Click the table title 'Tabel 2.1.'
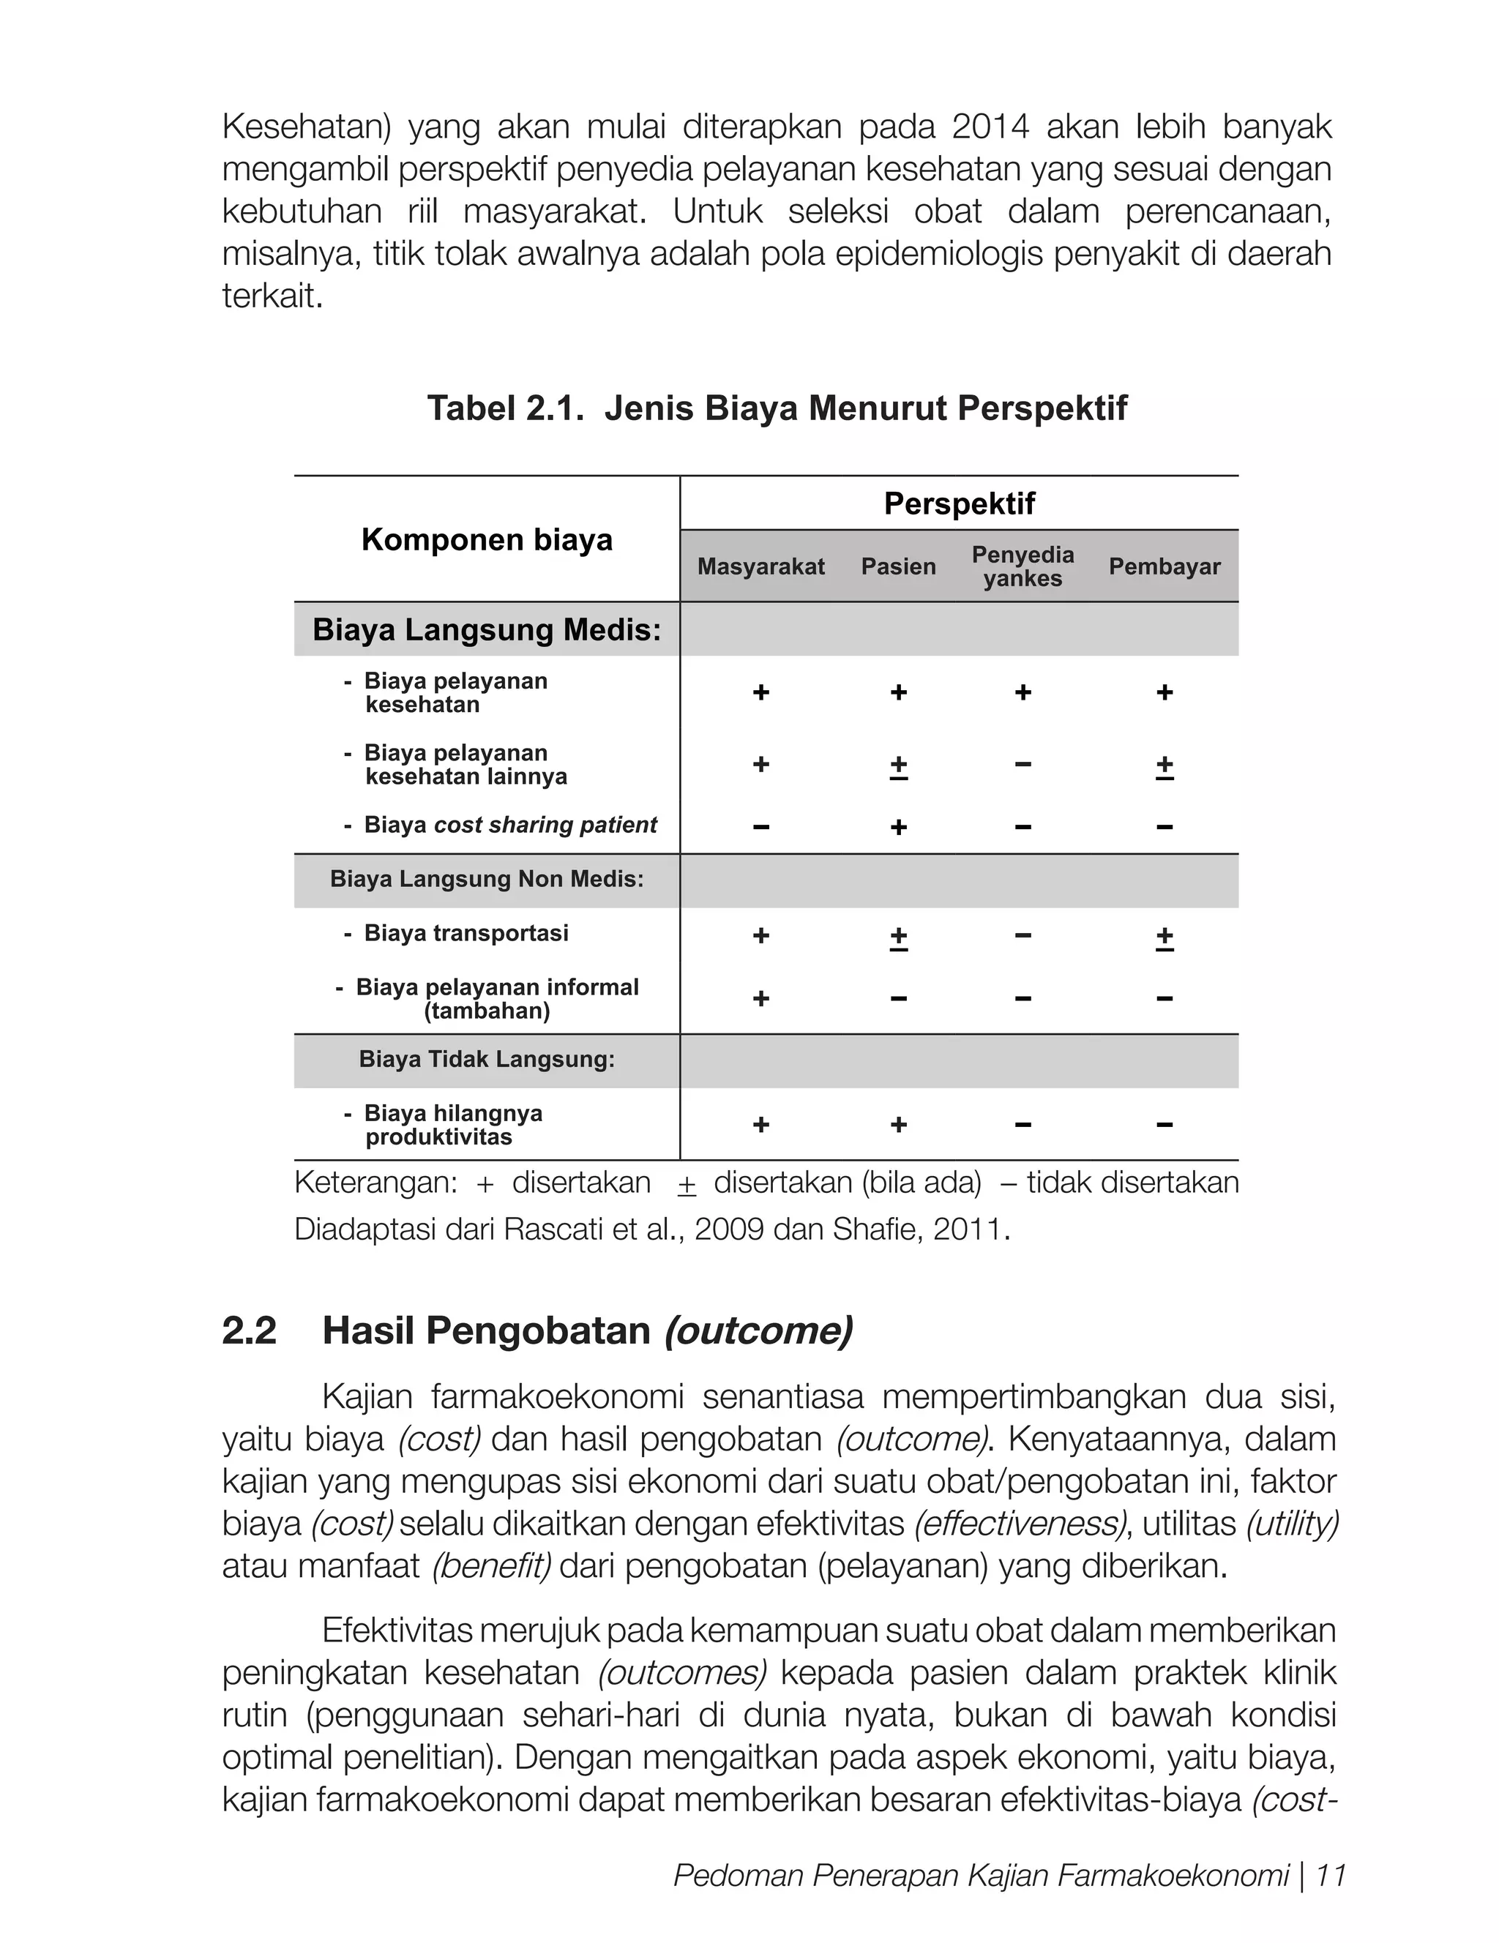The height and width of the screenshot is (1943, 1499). [x=505, y=409]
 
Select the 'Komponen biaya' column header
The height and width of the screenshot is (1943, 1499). [x=487, y=540]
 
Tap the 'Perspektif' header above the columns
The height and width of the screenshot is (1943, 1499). [x=959, y=503]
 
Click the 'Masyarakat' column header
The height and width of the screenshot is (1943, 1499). [x=760, y=566]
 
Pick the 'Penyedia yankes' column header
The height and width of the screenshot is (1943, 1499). [x=1023, y=566]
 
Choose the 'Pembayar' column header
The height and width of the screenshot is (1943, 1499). [x=1164, y=566]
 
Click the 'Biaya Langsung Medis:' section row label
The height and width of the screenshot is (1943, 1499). [x=487, y=630]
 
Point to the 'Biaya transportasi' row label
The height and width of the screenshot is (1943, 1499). [x=466, y=933]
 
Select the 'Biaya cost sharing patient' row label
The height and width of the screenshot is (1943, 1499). [x=509, y=825]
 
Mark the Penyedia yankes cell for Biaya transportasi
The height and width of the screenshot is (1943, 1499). [x=1023, y=936]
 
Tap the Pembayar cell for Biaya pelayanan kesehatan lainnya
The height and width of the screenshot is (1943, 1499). [x=1164, y=767]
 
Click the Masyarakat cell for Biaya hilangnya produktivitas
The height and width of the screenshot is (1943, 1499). [x=760, y=1125]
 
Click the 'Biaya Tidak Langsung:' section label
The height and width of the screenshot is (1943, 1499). [x=487, y=1060]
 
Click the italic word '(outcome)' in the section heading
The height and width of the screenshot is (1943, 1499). [x=758, y=1331]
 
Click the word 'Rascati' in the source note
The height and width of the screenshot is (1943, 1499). [x=554, y=1229]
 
